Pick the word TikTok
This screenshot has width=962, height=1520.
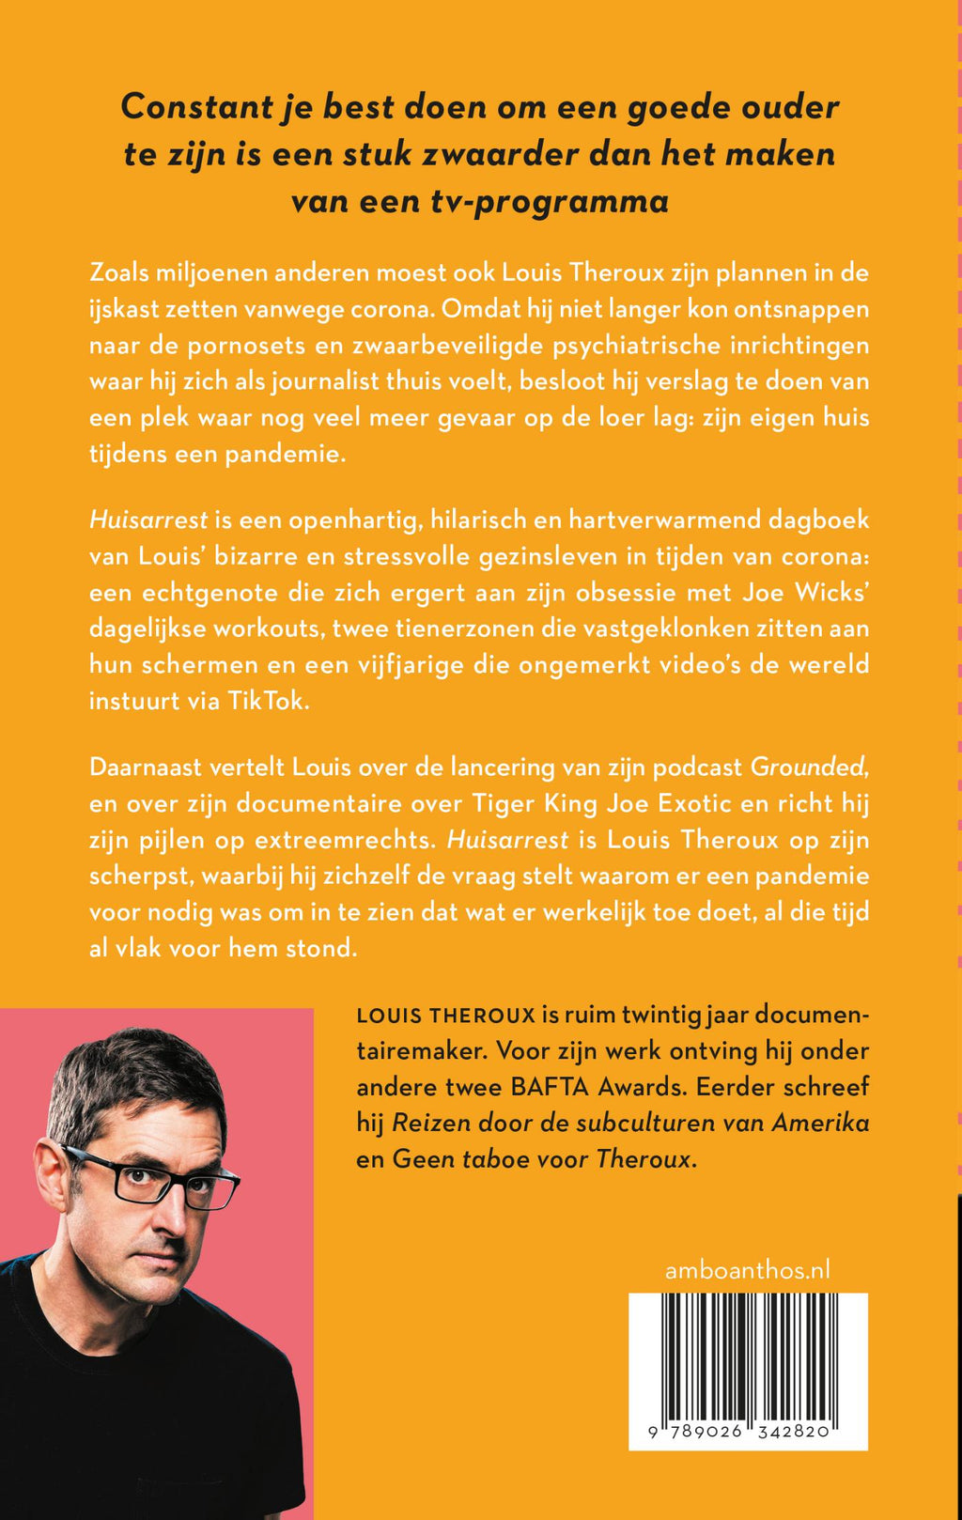[268, 701]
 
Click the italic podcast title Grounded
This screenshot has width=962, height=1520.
[807, 767]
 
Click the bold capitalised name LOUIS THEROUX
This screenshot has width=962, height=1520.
[445, 1016]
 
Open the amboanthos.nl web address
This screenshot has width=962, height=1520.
[747, 1270]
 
